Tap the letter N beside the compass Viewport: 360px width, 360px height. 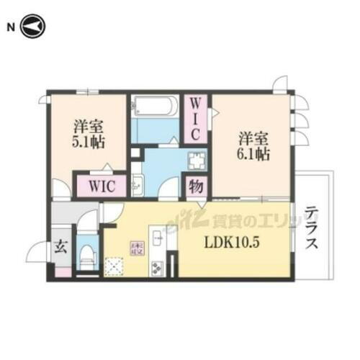coord(10,28)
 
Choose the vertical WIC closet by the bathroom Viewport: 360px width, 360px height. coord(195,118)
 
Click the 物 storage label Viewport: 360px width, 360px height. coord(195,186)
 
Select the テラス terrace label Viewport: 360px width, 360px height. coord(312,228)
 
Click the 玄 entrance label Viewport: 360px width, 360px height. coord(61,246)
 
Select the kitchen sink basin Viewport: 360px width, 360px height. coord(156,236)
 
